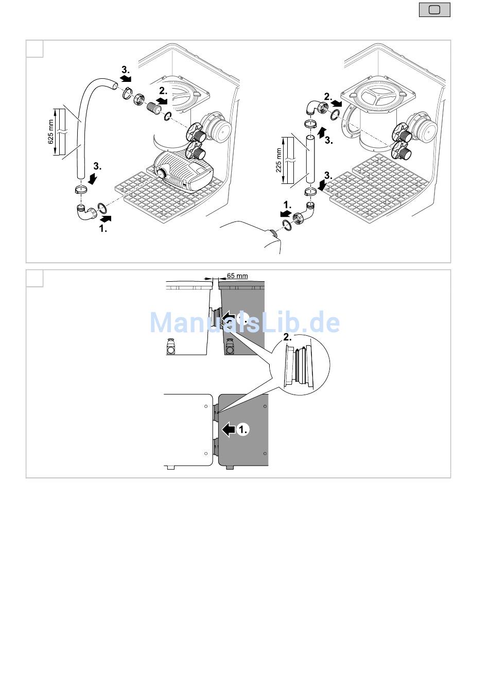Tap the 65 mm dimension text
tap(237, 276)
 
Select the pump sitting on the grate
tap(184, 171)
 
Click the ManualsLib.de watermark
tap(244, 322)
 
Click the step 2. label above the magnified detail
tap(287, 337)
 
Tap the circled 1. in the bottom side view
tap(243, 429)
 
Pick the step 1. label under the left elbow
tap(103, 229)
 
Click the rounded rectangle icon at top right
tap(434, 10)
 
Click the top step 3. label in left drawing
tap(126, 70)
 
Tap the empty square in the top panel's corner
tap(35, 48)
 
